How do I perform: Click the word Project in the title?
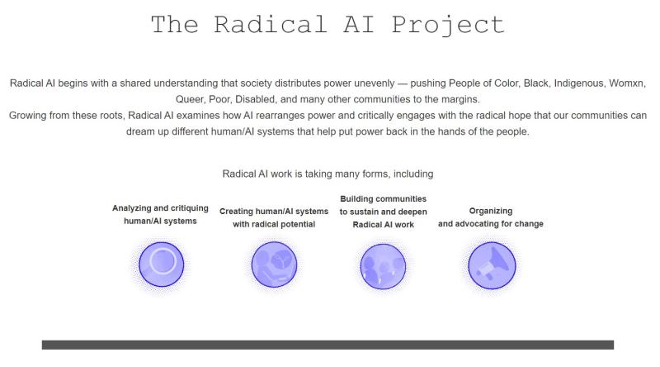448,25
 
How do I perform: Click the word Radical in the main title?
271,24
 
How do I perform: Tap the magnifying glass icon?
161,264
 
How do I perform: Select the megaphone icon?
492,265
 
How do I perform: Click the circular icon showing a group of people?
383,266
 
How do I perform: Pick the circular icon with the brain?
274,265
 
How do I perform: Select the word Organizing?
491,211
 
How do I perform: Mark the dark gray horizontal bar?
328,345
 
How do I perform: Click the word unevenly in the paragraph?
375,83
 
